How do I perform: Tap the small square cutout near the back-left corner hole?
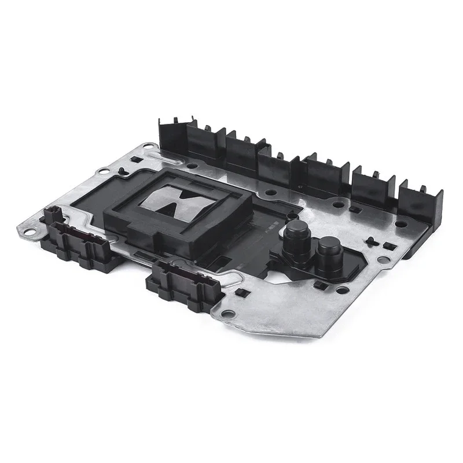(x=134, y=159)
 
